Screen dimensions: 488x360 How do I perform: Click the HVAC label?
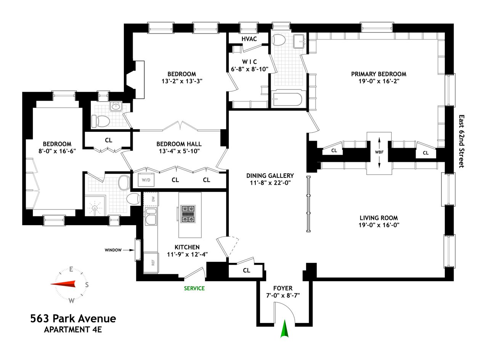(x=249, y=39)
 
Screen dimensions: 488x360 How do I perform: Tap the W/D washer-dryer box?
(x=146, y=180)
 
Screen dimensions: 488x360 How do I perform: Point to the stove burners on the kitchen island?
(x=188, y=214)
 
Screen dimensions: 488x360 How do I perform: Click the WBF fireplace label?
(x=379, y=152)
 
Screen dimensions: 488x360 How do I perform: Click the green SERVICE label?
(x=194, y=288)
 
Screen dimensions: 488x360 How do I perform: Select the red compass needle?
(x=63, y=284)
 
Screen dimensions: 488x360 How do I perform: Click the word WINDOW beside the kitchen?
(x=113, y=250)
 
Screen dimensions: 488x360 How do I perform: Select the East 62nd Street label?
(x=461, y=141)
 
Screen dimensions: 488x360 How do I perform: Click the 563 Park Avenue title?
(x=73, y=318)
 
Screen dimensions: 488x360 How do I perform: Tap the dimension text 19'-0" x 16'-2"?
(x=379, y=81)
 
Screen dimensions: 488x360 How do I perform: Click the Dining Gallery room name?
(x=270, y=176)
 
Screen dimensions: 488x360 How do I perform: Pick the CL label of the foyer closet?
(x=246, y=270)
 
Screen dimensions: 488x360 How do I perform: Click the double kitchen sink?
(x=151, y=216)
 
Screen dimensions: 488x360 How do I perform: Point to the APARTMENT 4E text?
(x=73, y=330)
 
